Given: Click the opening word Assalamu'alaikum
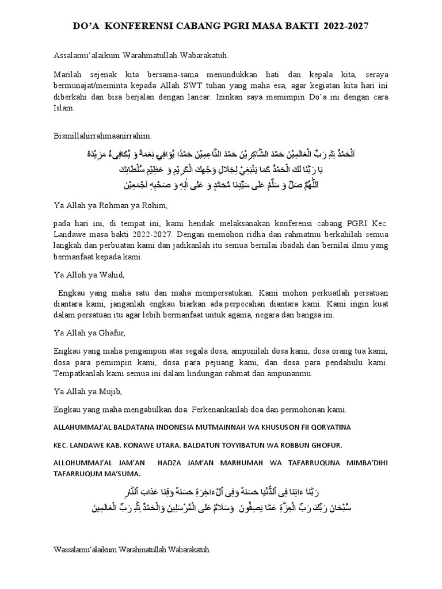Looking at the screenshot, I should point(85,55).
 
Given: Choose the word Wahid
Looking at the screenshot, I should point(110,274).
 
